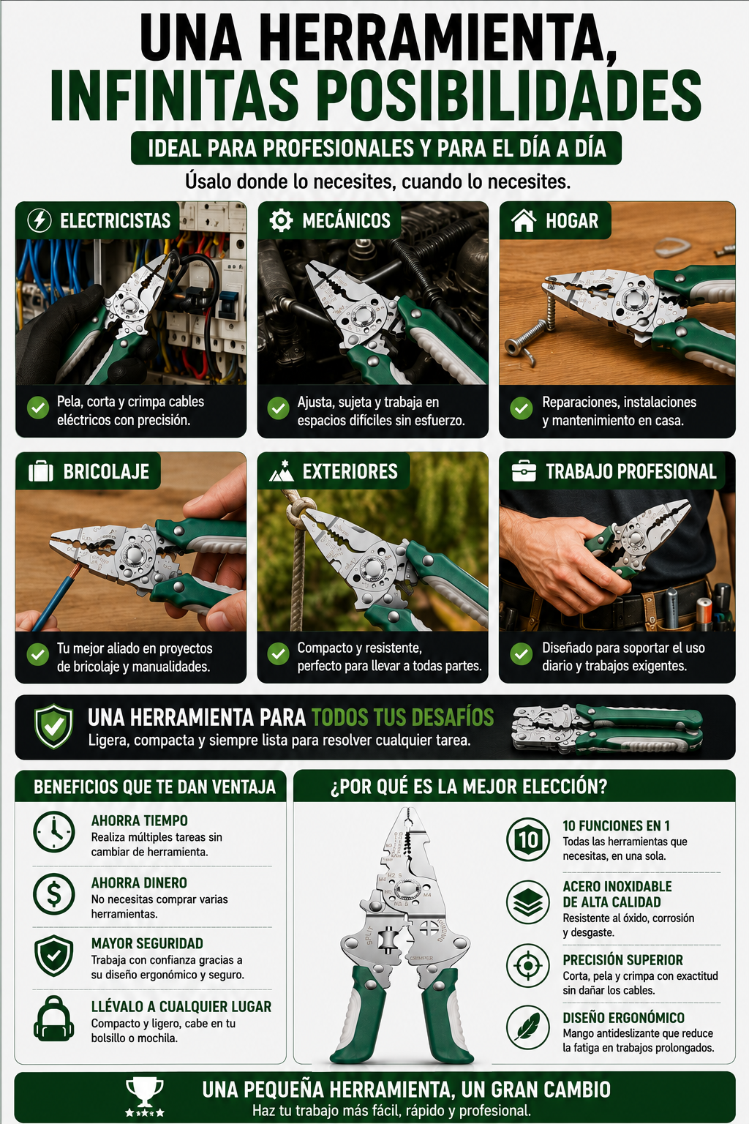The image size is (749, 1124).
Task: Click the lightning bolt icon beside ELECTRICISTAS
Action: (39, 220)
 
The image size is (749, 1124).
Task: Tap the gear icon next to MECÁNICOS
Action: (280, 220)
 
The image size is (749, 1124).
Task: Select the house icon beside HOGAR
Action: (523, 220)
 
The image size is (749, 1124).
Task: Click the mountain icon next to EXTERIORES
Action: (281, 471)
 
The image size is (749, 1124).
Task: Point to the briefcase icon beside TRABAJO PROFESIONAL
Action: (524, 471)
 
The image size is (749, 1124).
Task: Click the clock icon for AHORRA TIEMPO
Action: (54, 831)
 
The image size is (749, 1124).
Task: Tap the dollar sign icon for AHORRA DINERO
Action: (54, 893)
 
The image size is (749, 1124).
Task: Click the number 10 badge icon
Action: (528, 839)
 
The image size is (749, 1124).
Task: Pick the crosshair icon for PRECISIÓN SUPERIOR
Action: (528, 965)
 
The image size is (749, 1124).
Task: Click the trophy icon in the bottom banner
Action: (145, 1098)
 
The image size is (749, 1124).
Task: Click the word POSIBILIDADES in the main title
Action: (509, 95)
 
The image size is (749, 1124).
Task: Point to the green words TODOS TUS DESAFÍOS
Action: (403, 717)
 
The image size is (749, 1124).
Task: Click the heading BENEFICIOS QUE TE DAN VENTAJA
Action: (154, 787)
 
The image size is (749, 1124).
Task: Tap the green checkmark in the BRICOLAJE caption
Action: (37, 654)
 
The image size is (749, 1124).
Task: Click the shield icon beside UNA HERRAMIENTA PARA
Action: (53, 726)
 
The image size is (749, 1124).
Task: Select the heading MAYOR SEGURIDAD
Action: (147, 943)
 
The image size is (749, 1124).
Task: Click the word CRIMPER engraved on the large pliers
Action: (421, 959)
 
